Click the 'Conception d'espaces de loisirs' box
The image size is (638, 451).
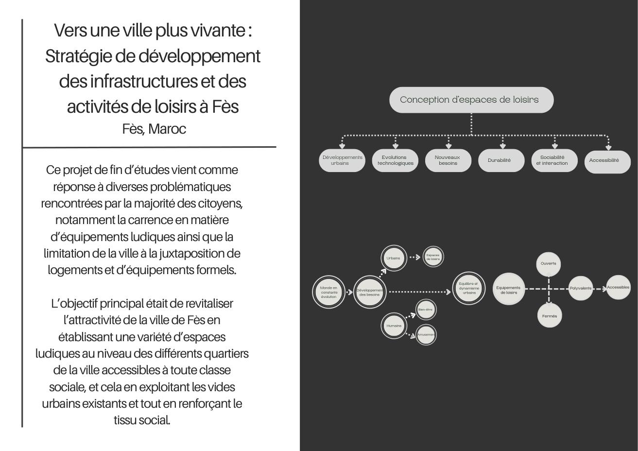coord(471,100)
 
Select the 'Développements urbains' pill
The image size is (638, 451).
coord(342,160)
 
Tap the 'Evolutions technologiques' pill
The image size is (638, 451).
coord(395,160)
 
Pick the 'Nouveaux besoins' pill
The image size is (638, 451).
coord(448,160)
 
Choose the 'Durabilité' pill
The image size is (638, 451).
coord(501,160)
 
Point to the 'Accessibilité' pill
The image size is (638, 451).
coord(607,161)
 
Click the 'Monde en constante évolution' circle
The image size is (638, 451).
coord(328,292)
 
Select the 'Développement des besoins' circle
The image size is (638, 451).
coord(370,292)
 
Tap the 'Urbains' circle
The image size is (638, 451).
coord(394,258)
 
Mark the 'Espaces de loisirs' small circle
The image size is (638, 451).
coord(432,257)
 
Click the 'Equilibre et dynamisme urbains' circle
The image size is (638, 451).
coord(469,289)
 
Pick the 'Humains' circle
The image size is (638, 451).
coord(394,326)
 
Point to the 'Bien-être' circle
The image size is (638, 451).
coord(426,310)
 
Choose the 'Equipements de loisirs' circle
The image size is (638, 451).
coord(509,289)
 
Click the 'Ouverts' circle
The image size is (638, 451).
coord(549,264)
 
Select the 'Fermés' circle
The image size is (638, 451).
coord(550,316)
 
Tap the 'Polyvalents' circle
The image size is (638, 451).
coord(581,288)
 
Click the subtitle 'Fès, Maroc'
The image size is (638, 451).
coord(154,129)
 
